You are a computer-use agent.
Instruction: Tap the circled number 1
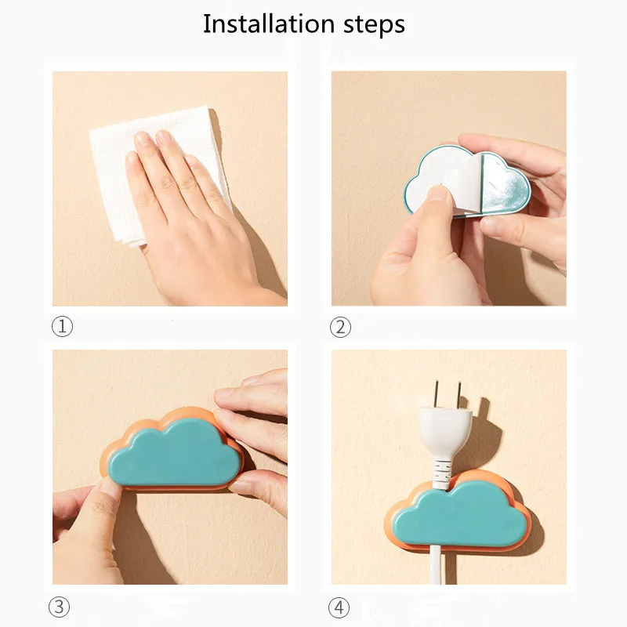(62, 327)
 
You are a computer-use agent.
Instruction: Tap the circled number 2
(341, 327)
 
